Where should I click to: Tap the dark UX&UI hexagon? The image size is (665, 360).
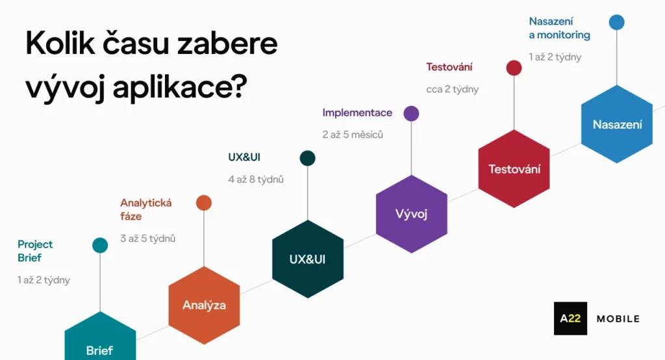(x=307, y=259)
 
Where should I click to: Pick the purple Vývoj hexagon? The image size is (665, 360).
(x=411, y=214)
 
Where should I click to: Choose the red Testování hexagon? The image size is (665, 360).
(x=514, y=169)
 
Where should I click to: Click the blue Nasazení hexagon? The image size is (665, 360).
(x=616, y=124)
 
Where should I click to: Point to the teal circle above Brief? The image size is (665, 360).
(x=100, y=245)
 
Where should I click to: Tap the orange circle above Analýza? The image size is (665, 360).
(x=204, y=203)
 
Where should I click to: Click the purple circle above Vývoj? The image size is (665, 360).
(x=411, y=114)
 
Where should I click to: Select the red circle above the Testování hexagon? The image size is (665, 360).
(x=514, y=68)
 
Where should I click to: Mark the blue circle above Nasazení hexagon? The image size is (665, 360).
(x=616, y=22)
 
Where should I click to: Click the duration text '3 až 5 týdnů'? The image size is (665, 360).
(x=148, y=238)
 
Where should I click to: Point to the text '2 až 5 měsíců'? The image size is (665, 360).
(x=353, y=135)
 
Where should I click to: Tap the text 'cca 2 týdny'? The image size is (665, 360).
(x=452, y=90)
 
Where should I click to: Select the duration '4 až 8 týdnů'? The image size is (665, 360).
(x=256, y=179)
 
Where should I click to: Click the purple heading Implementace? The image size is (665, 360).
(x=357, y=112)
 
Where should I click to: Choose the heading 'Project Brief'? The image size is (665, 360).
(x=35, y=251)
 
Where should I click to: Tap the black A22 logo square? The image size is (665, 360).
(x=570, y=318)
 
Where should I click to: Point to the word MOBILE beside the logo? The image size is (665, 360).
(x=618, y=318)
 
